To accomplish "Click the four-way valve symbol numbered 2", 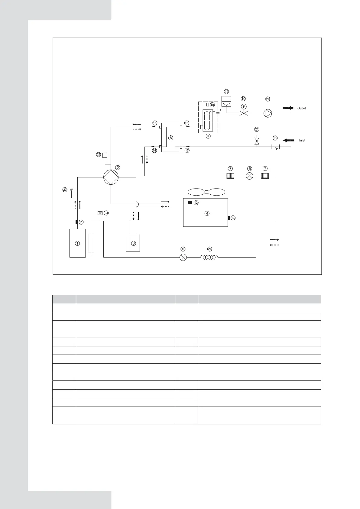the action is [x=111, y=177].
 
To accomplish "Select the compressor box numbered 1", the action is [x=77, y=243].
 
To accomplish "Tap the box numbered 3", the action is [x=133, y=243].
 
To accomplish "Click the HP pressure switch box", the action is [x=72, y=190].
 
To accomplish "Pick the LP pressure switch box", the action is [x=100, y=213].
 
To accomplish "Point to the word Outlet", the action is [x=301, y=108].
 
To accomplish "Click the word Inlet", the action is [x=302, y=141].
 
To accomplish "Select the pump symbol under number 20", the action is [x=268, y=113].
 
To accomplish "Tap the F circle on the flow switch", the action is [x=244, y=106].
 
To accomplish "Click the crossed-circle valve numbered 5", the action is [x=249, y=176].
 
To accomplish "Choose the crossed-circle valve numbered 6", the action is [x=183, y=257].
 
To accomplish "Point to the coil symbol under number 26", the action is [x=209, y=257].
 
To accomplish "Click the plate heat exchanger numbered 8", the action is [x=170, y=138].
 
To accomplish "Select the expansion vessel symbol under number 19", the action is [x=226, y=100].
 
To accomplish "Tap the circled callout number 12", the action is [x=196, y=203].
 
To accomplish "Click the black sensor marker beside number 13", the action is [x=229, y=218].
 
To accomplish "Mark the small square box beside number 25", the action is [x=105, y=155].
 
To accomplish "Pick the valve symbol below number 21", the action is [x=257, y=141].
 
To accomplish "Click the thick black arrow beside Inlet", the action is [x=288, y=140].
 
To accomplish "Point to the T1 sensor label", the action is [x=220, y=110].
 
